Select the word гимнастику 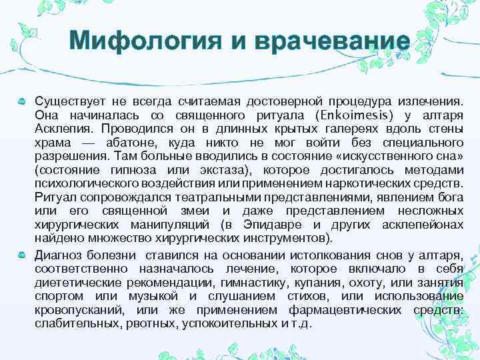265,283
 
